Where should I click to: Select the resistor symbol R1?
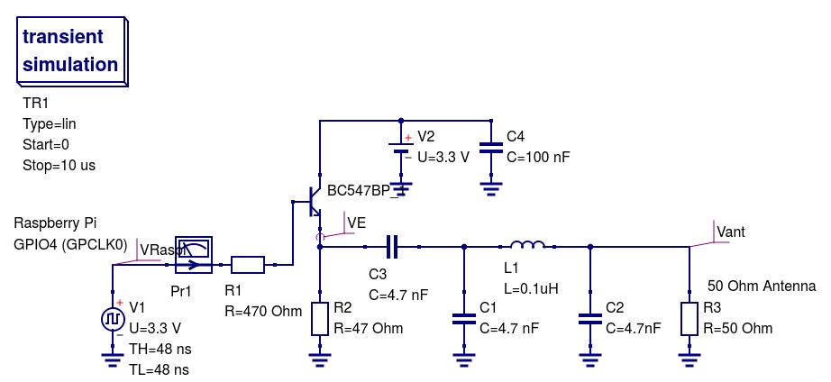[248, 265]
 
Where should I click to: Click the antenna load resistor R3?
[689, 319]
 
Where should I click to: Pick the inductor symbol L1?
[527, 245]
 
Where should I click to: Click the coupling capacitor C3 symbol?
[392, 246]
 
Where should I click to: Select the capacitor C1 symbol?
[464, 318]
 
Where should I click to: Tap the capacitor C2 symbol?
[590, 318]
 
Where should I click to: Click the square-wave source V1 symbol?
[113, 319]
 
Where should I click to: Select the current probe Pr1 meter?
[194, 255]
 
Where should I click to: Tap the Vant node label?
[731, 232]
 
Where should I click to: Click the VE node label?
[356, 223]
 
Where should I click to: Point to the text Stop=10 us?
[59, 166]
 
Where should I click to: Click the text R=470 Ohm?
[262, 312]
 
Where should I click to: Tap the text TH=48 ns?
[160, 349]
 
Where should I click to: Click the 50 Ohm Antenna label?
[762, 286]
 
